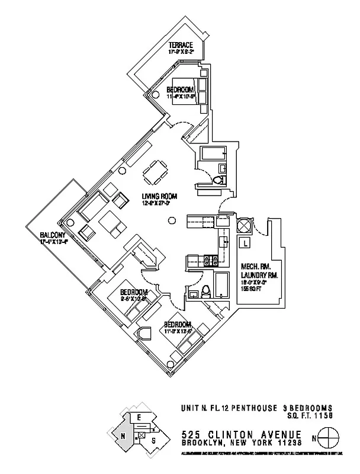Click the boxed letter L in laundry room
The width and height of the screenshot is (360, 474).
tap(245, 242)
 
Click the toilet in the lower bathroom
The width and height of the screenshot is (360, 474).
tap(205, 291)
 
